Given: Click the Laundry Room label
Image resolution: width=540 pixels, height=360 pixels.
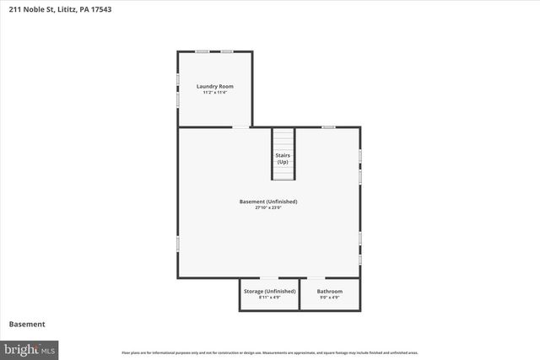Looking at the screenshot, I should (x=215, y=86).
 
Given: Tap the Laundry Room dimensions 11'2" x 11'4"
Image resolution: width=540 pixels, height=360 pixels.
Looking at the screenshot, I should (x=215, y=92).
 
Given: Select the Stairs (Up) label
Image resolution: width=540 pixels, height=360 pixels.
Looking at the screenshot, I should (x=283, y=159).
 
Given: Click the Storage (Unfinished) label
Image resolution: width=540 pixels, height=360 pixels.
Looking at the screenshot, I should (x=269, y=291).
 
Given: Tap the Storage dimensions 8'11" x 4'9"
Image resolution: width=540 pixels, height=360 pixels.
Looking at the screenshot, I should (x=269, y=297).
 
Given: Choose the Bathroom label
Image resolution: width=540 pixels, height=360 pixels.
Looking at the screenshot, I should (x=330, y=291).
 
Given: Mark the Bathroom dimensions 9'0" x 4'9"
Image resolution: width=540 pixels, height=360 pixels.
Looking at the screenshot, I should (x=330, y=297).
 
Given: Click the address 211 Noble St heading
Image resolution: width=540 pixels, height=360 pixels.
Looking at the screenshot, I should (x=58, y=9).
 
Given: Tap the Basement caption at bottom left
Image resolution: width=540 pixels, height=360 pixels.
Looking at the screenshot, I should (x=27, y=325).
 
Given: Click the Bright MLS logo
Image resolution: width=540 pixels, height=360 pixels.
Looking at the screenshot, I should (x=30, y=348).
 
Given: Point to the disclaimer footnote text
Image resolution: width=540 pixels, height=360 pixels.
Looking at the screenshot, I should (x=270, y=352).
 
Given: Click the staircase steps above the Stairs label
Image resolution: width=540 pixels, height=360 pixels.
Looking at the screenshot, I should (x=283, y=139).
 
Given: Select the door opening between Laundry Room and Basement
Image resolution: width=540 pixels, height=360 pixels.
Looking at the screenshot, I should (x=241, y=127).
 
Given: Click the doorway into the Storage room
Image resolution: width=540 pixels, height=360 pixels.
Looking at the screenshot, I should (x=269, y=278).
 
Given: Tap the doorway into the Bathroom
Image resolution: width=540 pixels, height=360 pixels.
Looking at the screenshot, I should (x=315, y=278).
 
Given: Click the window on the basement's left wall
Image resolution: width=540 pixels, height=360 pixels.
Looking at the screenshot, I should (x=177, y=243).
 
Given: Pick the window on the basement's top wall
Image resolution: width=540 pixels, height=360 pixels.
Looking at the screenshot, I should (x=328, y=127).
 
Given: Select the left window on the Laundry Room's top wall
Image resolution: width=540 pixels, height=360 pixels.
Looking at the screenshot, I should (x=203, y=51).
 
